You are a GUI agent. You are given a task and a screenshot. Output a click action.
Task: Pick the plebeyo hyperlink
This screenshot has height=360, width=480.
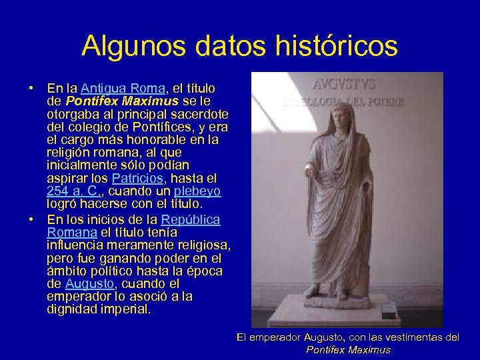pos(197,191)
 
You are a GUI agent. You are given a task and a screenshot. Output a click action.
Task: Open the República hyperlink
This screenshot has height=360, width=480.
pos(191,219)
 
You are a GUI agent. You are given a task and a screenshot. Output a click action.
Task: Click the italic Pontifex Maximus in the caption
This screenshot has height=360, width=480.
pos(348,349)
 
